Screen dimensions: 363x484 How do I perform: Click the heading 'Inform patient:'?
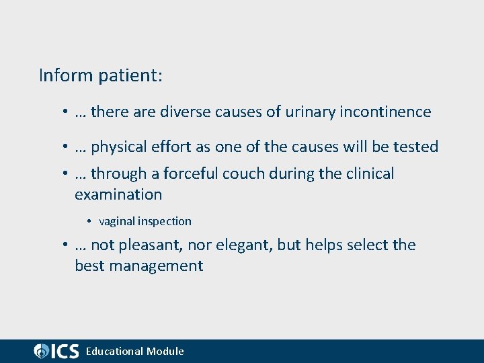pos(101,75)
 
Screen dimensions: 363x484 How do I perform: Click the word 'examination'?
pos(118,195)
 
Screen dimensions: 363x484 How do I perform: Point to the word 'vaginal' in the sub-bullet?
pos(116,221)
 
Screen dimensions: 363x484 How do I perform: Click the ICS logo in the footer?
pos(56,351)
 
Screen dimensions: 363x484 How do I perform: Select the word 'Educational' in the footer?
pos(114,351)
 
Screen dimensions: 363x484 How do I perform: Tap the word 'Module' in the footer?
pos(165,351)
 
